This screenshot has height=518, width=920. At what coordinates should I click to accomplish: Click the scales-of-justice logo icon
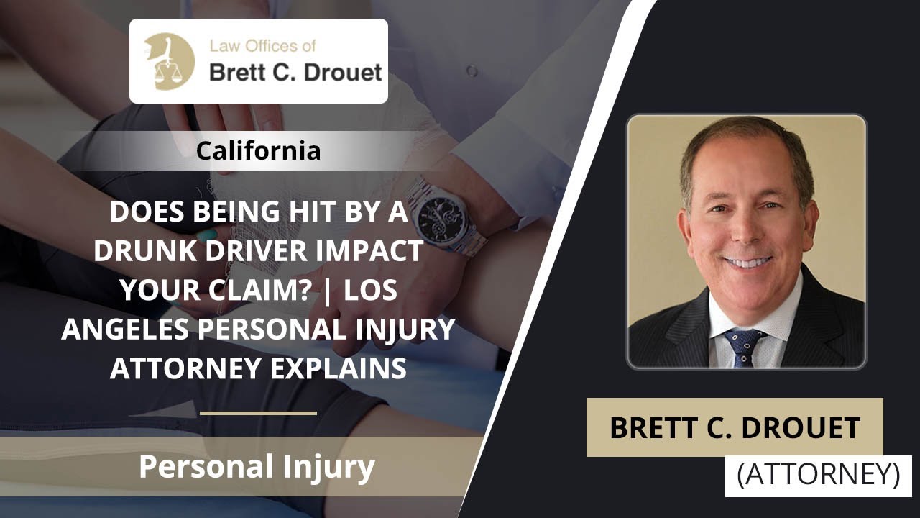click(x=169, y=61)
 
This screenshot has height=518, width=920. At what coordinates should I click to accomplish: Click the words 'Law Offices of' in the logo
click(x=262, y=47)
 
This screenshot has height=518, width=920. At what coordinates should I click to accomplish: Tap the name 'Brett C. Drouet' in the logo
click(x=295, y=73)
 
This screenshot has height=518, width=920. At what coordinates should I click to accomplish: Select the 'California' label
click(x=258, y=151)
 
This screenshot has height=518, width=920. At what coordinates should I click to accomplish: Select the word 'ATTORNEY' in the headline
click(x=180, y=368)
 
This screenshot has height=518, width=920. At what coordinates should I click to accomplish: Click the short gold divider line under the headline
click(x=258, y=413)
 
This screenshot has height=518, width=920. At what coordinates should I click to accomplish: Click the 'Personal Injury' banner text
click(x=257, y=466)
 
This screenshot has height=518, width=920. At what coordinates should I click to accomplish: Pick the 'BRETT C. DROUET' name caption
click(x=735, y=427)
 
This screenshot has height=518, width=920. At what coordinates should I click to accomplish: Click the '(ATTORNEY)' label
click(x=818, y=475)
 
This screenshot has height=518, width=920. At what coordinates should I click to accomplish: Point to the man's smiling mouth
click(x=747, y=261)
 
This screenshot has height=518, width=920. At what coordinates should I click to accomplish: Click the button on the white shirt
click(x=471, y=71)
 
